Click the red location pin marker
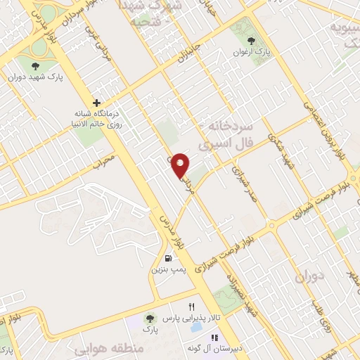[x=181, y=165]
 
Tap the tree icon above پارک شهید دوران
[x=35, y=66]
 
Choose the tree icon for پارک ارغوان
[x=252, y=43]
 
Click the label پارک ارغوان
[x=252, y=53]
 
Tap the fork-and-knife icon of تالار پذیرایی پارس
[x=191, y=307]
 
